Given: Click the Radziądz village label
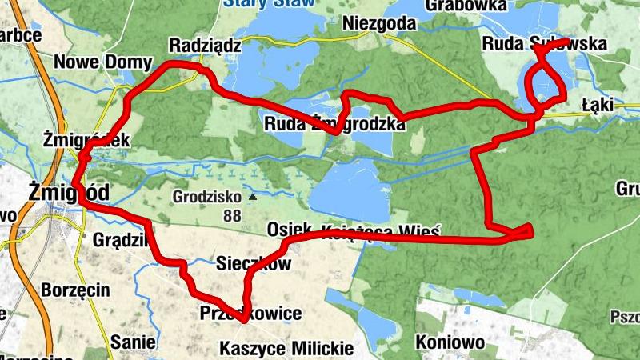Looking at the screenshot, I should point(205,45).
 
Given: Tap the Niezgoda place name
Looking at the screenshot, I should point(374,23).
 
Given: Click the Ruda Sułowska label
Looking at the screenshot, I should point(544,45).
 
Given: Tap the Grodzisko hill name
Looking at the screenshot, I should point(206,195).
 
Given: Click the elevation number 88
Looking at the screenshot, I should point(233,215).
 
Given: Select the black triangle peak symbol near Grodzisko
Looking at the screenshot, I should point(253,195).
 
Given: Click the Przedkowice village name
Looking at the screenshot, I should point(250,313).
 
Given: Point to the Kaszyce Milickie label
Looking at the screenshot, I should point(286,349).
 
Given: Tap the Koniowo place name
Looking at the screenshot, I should point(450,343).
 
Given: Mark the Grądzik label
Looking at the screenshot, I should point(118,240).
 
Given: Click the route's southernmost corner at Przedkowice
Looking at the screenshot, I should point(242,320).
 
